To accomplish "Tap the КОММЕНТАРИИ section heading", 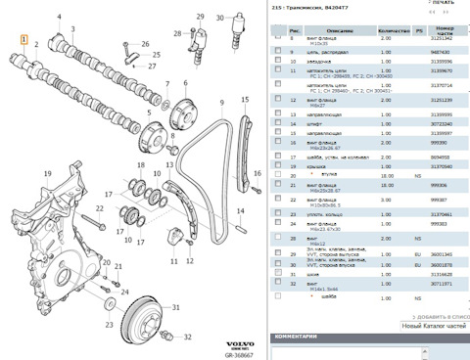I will (x=301, y=337).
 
